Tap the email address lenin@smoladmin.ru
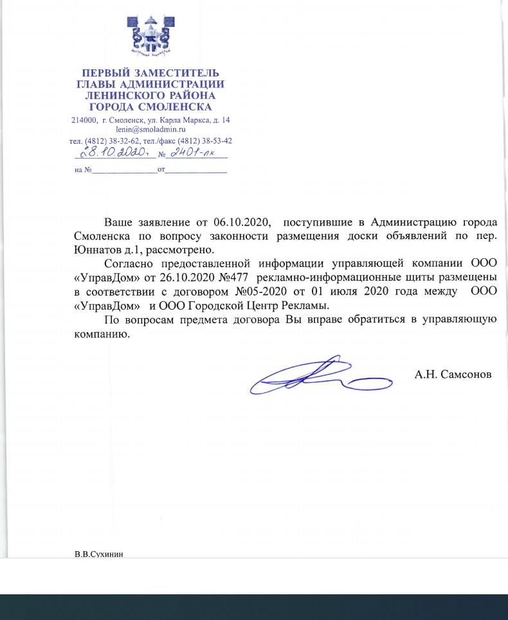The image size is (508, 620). [x=150, y=129]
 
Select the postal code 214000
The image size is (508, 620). [x=84, y=120]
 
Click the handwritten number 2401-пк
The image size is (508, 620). [x=192, y=152]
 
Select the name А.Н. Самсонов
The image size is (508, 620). [x=453, y=374]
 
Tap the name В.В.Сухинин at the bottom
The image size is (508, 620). [x=98, y=553]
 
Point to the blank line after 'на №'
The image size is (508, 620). [x=124, y=170]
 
